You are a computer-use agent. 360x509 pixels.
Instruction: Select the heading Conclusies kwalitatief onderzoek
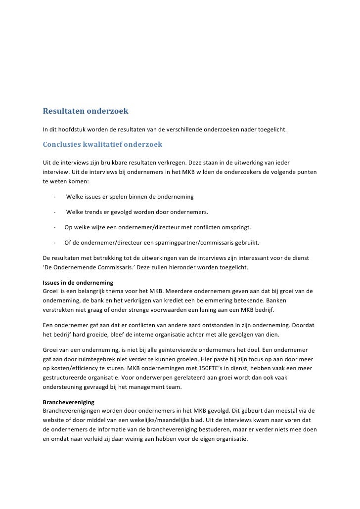(x=99, y=145)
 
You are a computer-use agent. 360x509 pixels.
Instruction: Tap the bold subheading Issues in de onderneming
(x=78, y=283)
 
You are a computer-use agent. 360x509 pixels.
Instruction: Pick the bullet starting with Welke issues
(x=130, y=197)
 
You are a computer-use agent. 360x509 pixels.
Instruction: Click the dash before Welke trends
(x=54, y=212)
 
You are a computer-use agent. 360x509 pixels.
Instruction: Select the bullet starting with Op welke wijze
(x=157, y=228)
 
